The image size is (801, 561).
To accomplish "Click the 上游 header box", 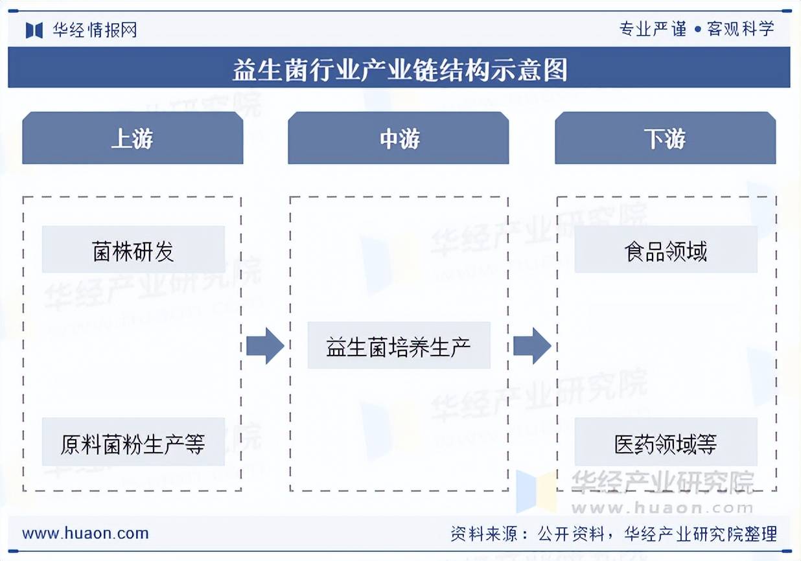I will pos(132,139).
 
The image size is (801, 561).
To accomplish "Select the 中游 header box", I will pos(399,139).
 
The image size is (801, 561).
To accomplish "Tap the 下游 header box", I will pos(665,139).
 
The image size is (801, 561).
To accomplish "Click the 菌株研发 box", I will pos(133,250).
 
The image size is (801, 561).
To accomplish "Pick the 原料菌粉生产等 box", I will pos(133,443).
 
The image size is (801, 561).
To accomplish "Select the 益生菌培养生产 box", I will pos(399,346).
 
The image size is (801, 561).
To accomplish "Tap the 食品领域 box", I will pos(666,250).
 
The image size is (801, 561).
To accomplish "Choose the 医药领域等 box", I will pos(666,443).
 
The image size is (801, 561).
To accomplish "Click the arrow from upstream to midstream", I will pos(265,346).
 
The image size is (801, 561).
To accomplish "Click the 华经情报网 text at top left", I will pos(95,30).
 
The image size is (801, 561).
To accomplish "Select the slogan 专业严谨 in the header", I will pos(653,29).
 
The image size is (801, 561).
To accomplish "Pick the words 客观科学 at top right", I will pos(741,29).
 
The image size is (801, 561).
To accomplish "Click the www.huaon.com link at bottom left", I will pos(86,534).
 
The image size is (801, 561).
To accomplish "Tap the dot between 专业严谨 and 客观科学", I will pos(697,29).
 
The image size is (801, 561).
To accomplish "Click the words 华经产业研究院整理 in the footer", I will pos(701,534).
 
